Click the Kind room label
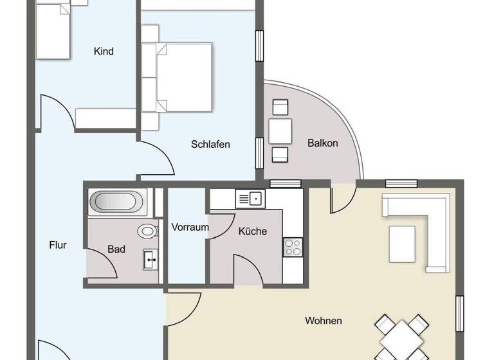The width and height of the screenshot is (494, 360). [104, 51]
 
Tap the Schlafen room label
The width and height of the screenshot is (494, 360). [210, 144]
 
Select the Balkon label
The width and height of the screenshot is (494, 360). [322, 143]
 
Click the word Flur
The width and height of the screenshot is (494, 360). [58, 244]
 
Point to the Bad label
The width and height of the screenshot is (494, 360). [116, 249]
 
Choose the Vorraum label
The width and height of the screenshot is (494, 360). [190, 227]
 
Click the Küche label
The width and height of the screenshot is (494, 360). [252, 231]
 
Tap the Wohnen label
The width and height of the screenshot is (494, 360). [324, 320]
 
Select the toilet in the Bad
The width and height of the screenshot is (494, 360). [148, 230]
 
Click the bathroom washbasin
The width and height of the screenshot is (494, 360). [151, 260]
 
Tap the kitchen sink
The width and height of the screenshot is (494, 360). [251, 199]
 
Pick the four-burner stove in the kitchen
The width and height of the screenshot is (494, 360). [293, 246]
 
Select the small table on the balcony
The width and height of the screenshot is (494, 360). [280, 131]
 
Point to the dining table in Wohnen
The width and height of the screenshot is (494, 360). [400, 337]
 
